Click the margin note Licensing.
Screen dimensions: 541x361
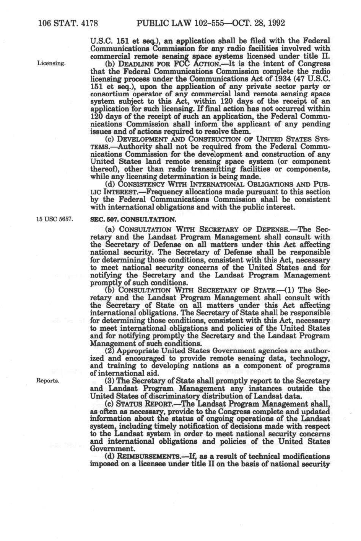click(x=52, y=63)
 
